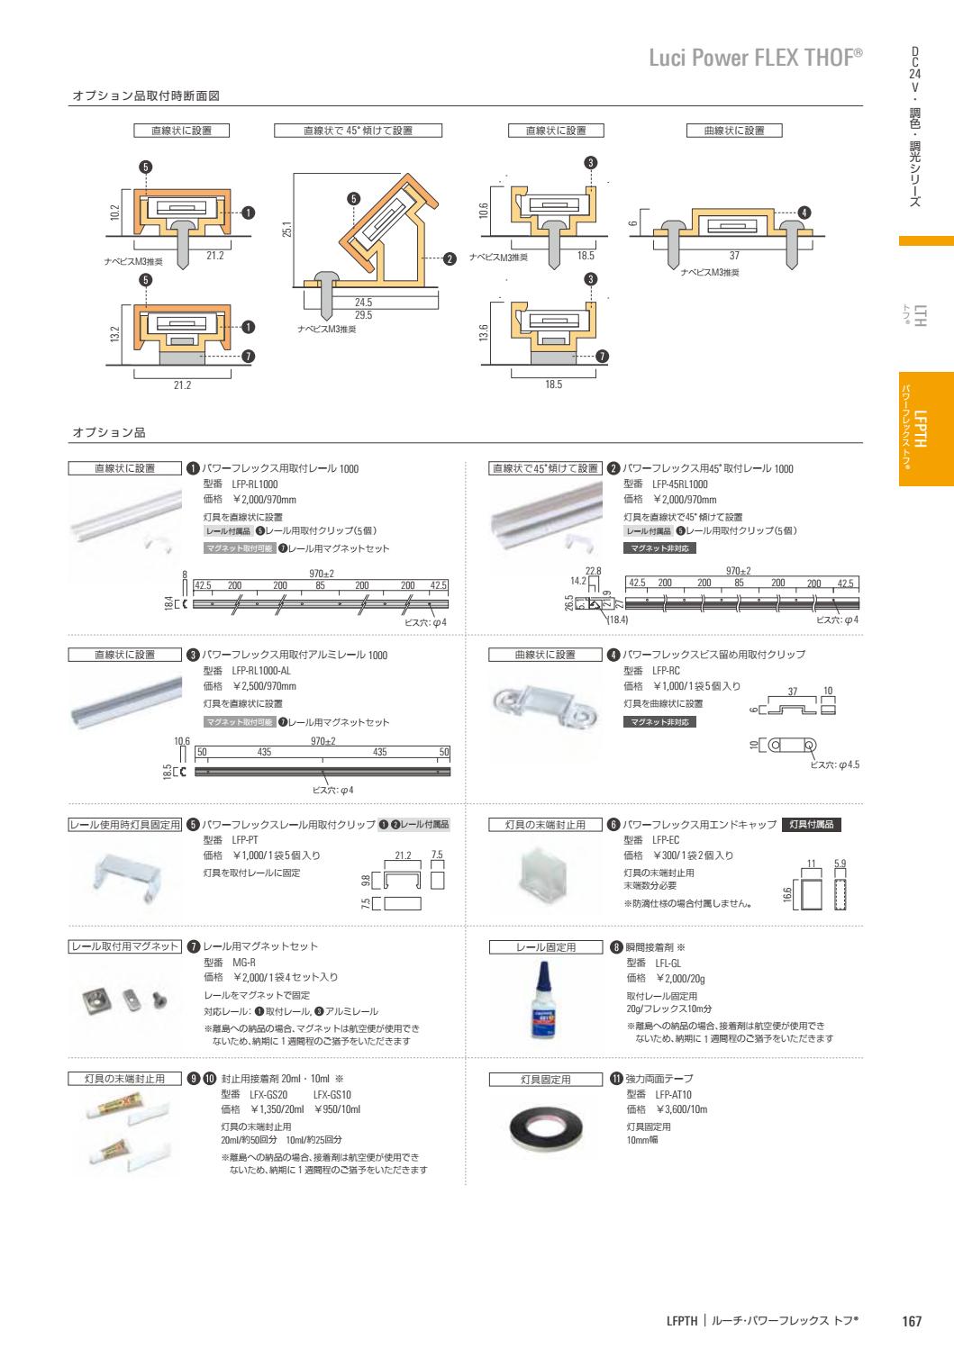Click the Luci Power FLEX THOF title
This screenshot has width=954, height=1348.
(x=756, y=59)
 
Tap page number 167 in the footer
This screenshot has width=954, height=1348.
(x=912, y=1322)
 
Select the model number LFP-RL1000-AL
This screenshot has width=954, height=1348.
(x=261, y=671)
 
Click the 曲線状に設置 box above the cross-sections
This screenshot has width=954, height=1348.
(x=734, y=131)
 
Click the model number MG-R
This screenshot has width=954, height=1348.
(x=244, y=962)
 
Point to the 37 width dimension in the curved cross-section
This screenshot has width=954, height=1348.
(x=734, y=256)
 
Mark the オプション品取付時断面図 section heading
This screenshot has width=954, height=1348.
(x=145, y=95)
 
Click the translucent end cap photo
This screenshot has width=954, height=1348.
(x=547, y=871)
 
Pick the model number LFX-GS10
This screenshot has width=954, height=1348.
(x=332, y=1094)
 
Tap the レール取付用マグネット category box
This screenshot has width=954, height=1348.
(x=126, y=946)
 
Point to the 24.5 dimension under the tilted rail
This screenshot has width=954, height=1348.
(x=363, y=303)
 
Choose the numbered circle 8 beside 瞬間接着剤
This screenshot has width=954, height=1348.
(x=615, y=946)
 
